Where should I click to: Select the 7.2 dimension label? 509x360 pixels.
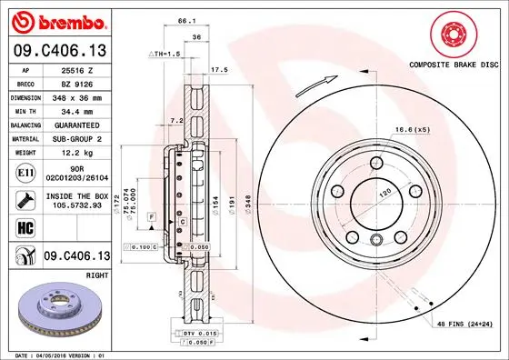pos(177,119)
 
